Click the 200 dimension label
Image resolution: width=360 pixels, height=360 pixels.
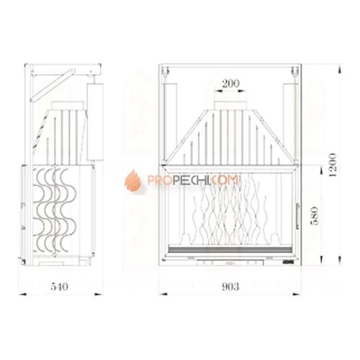coord(230,84)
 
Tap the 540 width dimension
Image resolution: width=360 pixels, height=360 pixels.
coord(59,287)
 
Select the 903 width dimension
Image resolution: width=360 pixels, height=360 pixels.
coord(230,287)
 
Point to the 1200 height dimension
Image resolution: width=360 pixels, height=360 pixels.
coord(333,165)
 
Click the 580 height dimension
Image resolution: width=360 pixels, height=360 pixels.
coord(315,215)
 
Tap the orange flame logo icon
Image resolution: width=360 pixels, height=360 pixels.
coord(133,181)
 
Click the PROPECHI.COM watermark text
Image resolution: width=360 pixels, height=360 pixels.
coord(193,180)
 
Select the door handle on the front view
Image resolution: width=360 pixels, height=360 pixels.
coord(297,216)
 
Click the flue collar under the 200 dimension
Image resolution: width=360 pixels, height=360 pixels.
coord(230,106)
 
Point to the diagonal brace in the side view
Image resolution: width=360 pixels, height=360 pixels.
coord(53,85)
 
